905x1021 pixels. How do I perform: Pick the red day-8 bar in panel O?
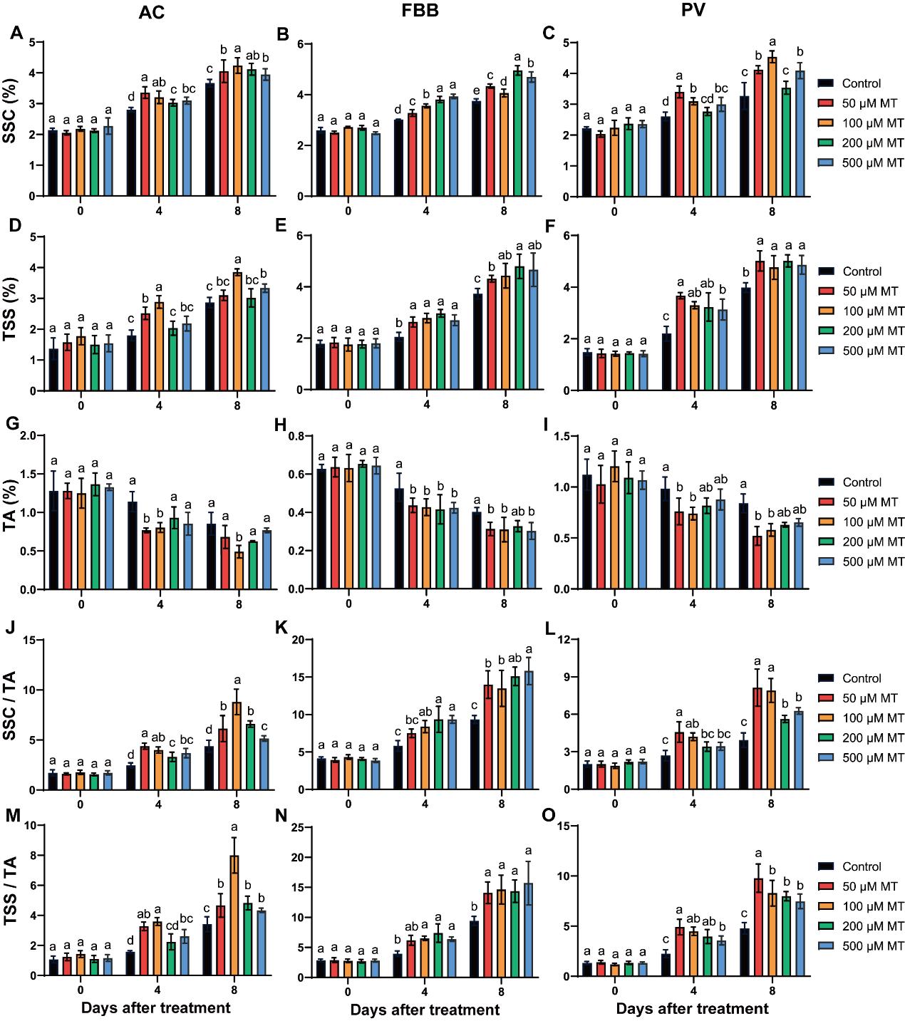758,927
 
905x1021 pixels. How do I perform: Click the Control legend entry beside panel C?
861,83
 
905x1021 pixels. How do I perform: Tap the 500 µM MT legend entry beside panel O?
873,946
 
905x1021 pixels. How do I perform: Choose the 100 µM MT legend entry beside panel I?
873,522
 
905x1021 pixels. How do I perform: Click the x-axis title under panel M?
155,1007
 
